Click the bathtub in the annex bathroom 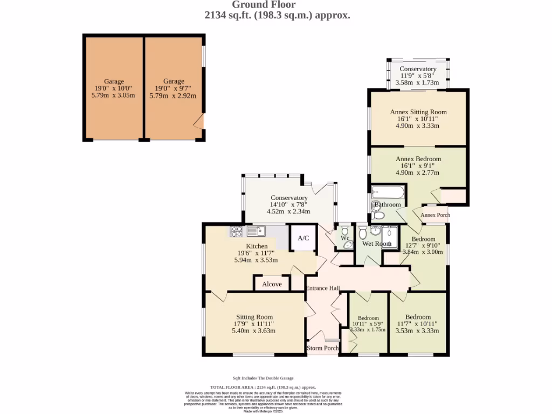click(388, 192)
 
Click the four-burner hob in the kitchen click(236, 231)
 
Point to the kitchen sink click(257, 231)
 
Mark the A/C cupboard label click(303, 238)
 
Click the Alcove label click(272, 284)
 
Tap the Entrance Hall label click(322, 288)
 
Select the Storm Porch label click(322, 348)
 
